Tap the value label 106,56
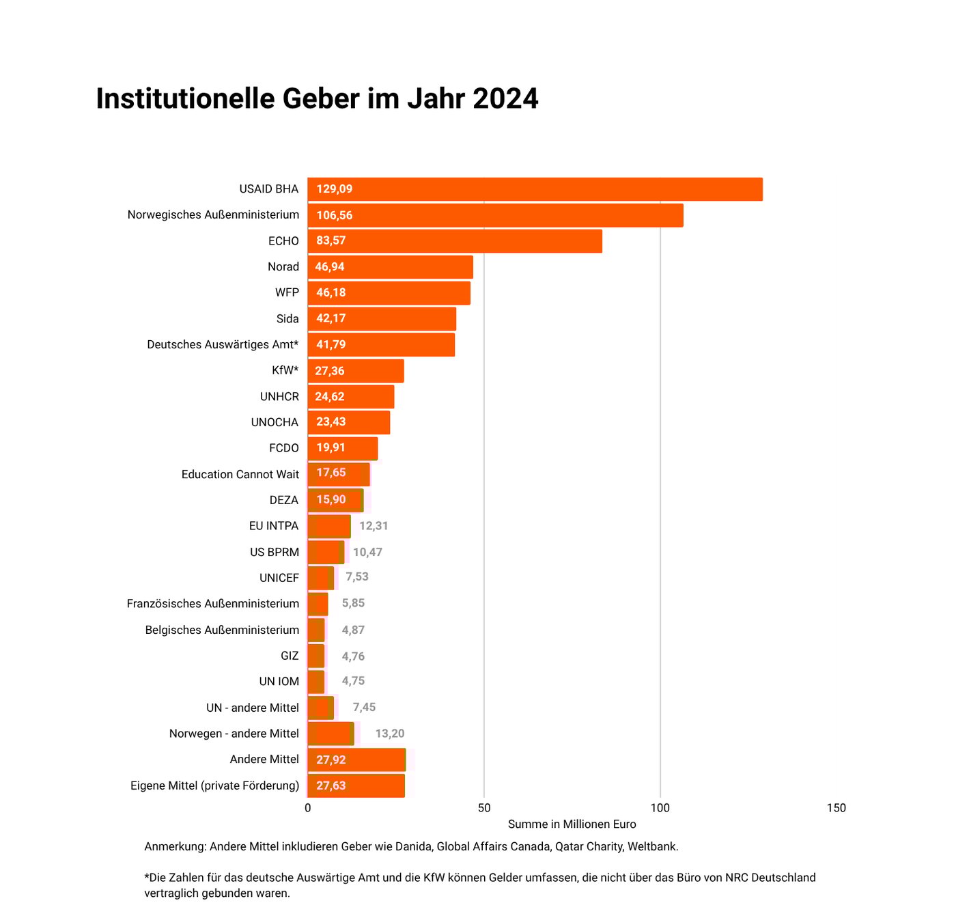point(335,215)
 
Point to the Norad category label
point(283,267)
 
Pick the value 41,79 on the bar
point(331,345)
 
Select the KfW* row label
point(285,371)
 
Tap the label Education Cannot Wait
point(240,475)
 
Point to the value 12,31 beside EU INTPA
point(374,526)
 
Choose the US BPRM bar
point(325,552)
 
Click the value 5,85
point(353,603)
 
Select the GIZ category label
point(290,656)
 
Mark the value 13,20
point(390,734)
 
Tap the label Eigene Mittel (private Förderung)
point(215,786)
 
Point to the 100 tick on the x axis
point(660,808)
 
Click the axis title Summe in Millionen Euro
point(572,824)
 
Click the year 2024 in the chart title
point(505,99)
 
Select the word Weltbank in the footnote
point(652,847)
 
